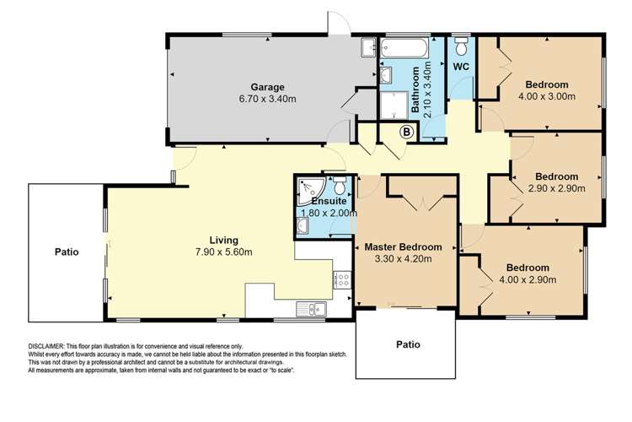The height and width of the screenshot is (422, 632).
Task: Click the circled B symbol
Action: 405,131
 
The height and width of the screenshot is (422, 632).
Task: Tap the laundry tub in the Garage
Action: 368,47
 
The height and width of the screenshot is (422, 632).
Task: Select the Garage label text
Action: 266,87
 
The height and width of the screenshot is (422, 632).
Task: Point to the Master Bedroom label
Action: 403,246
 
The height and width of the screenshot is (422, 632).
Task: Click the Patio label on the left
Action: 67,252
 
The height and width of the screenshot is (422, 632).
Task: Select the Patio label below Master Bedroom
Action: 407,344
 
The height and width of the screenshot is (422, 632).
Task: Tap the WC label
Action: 461,65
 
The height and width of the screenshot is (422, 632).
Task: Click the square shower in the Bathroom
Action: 393,105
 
